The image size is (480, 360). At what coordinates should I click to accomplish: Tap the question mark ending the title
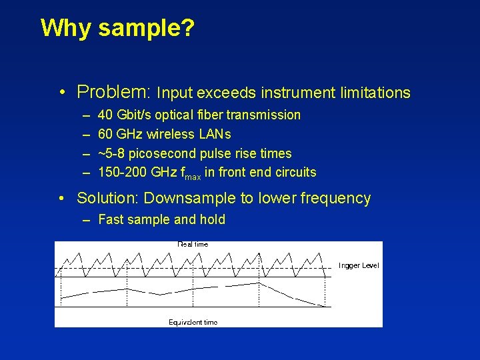click(x=187, y=29)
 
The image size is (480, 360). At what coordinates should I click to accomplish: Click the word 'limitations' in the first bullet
click(x=375, y=93)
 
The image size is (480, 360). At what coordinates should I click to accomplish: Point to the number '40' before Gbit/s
click(x=105, y=115)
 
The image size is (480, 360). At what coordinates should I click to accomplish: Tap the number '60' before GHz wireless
click(x=105, y=135)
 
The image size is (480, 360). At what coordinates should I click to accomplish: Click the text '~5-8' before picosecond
click(x=111, y=153)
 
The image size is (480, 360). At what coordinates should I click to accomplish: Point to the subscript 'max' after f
click(x=193, y=176)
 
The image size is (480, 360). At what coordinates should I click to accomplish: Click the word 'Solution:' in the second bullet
click(x=108, y=198)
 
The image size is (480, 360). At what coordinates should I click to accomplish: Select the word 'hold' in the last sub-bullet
click(x=211, y=219)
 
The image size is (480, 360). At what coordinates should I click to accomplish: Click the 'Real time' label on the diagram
click(x=193, y=245)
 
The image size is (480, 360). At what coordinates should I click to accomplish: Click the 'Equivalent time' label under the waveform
click(x=193, y=323)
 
